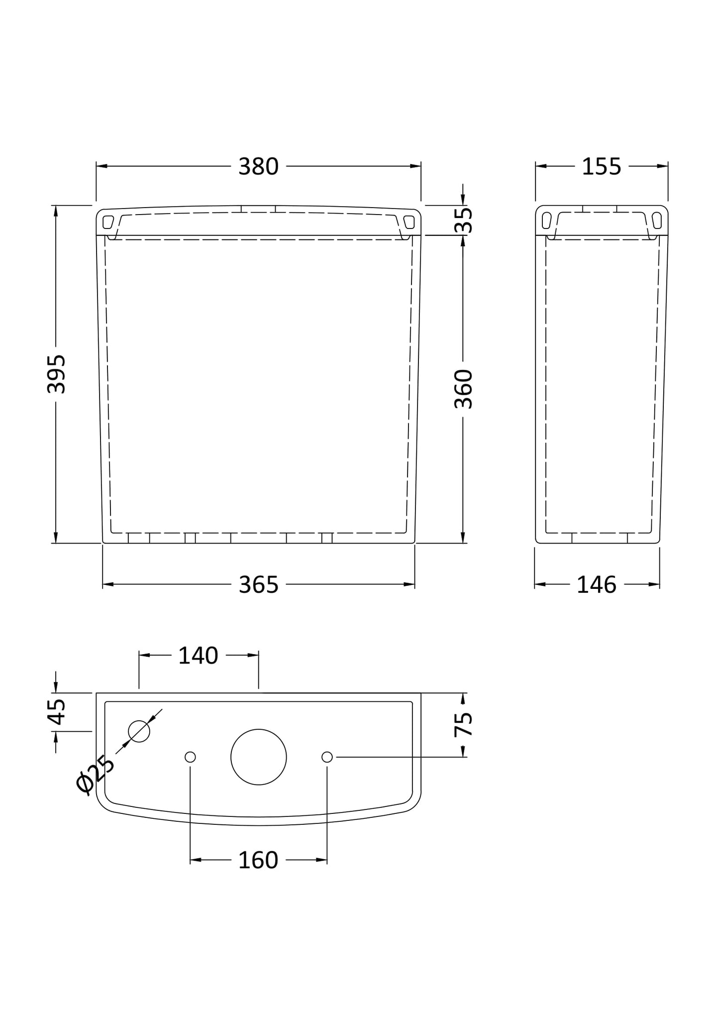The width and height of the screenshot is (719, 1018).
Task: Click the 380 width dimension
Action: (258, 167)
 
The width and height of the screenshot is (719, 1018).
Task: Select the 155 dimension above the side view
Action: (601, 167)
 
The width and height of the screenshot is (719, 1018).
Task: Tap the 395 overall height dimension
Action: (56, 374)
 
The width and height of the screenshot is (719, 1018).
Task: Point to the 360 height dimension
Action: (463, 389)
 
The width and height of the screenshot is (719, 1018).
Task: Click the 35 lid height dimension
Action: (464, 220)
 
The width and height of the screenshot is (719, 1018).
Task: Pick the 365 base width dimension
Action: (258, 585)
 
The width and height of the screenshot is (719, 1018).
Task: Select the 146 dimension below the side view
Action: (596, 585)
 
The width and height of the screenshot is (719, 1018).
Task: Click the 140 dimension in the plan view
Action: (198, 656)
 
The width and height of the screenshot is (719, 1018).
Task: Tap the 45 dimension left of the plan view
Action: (57, 711)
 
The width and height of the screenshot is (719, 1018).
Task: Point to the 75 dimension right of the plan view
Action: (464, 724)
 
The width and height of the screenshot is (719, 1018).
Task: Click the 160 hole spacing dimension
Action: (258, 860)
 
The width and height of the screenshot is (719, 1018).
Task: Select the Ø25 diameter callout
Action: (96, 775)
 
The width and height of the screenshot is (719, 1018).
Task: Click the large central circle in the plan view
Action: (259, 757)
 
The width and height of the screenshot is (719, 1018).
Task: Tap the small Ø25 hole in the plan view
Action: (139, 731)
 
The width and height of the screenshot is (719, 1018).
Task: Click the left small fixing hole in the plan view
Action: (190, 757)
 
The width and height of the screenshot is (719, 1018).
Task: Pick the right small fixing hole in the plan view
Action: (327, 757)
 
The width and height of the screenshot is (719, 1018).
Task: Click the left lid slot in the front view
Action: (108, 222)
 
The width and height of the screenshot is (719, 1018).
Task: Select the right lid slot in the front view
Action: (409, 222)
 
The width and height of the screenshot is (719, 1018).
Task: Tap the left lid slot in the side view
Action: (546, 220)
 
